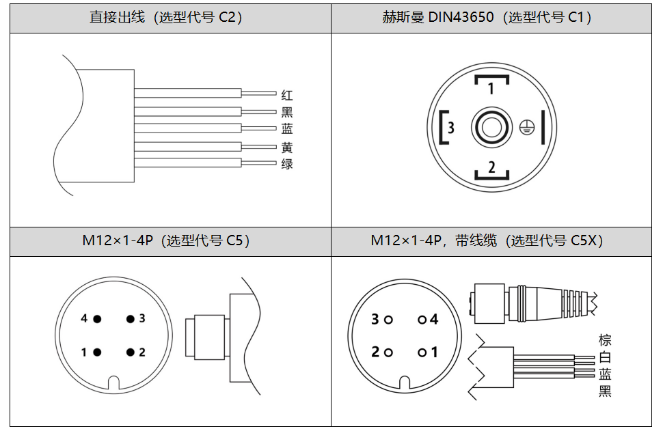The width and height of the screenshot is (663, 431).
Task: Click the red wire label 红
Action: [x=287, y=95]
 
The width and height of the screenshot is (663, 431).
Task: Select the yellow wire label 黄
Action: [x=287, y=147]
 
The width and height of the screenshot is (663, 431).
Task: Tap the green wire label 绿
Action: [x=287, y=163]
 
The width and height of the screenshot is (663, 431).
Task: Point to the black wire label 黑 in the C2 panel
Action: [x=287, y=112]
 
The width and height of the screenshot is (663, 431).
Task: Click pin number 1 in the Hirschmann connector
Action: [x=491, y=88]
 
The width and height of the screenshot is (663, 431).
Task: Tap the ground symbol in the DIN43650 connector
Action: [x=527, y=127]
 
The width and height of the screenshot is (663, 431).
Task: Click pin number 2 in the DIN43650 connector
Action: [x=491, y=167]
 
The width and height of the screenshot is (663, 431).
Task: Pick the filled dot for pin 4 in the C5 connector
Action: [x=97, y=318]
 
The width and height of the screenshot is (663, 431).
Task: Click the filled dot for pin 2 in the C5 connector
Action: [x=131, y=352]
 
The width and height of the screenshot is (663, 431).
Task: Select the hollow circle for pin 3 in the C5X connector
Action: [x=388, y=320]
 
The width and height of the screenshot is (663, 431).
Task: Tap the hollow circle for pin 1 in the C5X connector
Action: [x=422, y=352]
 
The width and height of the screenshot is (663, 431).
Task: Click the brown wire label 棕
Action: [x=605, y=340]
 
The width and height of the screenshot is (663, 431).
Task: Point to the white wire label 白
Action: [x=605, y=357]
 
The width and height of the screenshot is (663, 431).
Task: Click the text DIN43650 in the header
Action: [x=461, y=17]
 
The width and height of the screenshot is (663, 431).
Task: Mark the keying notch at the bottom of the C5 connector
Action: [x=113, y=382]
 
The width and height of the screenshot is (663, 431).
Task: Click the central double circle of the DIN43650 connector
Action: [x=491, y=127]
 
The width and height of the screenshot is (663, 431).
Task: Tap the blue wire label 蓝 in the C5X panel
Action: [x=605, y=374]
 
